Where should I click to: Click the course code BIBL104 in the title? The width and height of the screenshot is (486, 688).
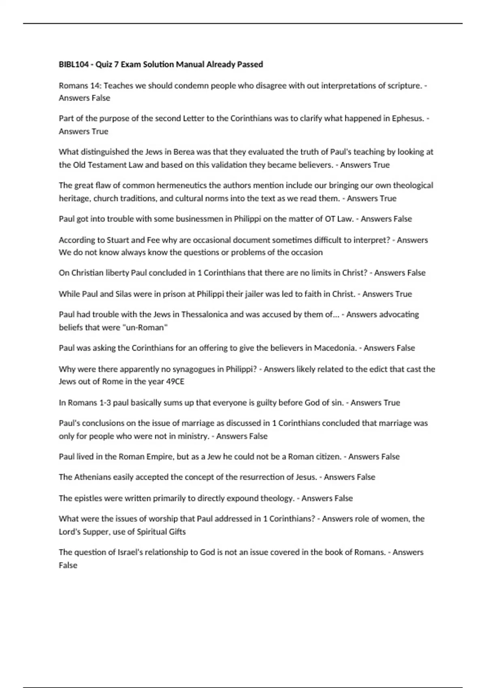click(73, 64)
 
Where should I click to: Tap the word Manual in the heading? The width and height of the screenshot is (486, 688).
click(190, 64)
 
